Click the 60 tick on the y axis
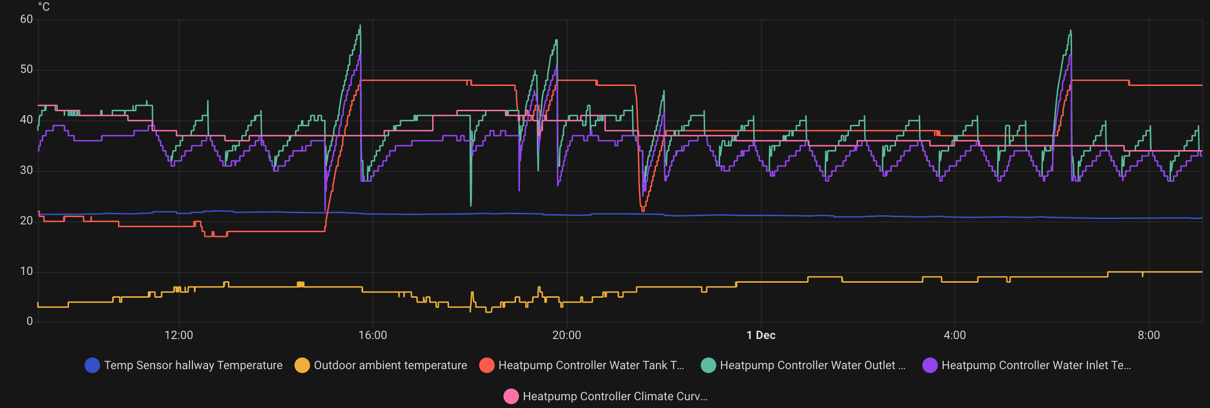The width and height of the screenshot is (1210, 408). [26, 19]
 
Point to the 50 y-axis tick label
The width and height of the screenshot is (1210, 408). [26, 69]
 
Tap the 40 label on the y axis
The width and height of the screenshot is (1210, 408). [26, 120]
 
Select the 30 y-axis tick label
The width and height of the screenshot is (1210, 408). [26, 170]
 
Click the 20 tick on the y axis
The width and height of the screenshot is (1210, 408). [26, 221]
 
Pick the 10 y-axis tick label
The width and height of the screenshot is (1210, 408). [26, 272]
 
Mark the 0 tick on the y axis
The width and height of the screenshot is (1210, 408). [30, 322]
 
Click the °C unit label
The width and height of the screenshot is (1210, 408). [44, 7]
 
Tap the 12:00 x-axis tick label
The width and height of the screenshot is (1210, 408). [179, 336]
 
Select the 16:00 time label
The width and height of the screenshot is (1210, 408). [373, 336]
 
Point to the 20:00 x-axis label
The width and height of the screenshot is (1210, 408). [567, 336]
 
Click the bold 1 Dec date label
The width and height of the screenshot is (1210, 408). [761, 336]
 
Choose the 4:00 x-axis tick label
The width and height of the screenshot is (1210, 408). [955, 336]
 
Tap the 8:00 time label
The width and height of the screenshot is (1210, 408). [1149, 336]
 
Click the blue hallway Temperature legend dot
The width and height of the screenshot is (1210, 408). [92, 365]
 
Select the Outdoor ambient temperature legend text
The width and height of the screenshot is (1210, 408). [390, 365]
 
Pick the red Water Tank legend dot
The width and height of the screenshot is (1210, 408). [487, 365]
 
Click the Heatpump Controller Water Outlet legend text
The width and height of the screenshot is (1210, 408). [812, 365]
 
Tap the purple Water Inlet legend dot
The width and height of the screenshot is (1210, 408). [930, 365]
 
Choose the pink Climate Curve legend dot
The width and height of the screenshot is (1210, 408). [511, 396]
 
